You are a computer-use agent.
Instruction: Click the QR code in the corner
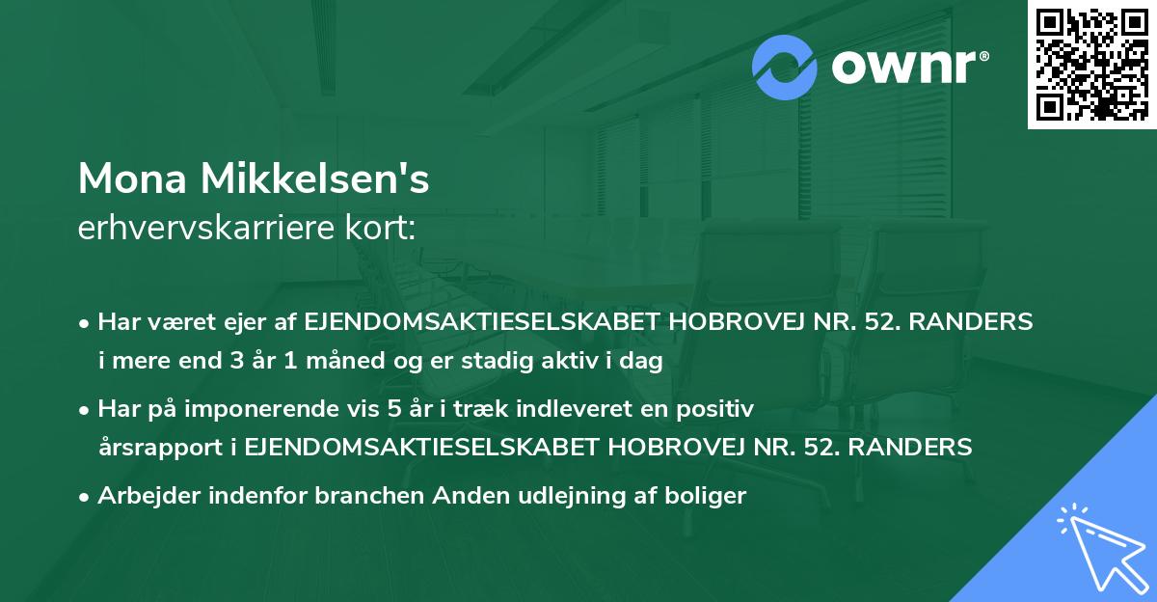1092,65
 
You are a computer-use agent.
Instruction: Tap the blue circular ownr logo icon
785,68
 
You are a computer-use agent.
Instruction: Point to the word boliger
712,497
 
